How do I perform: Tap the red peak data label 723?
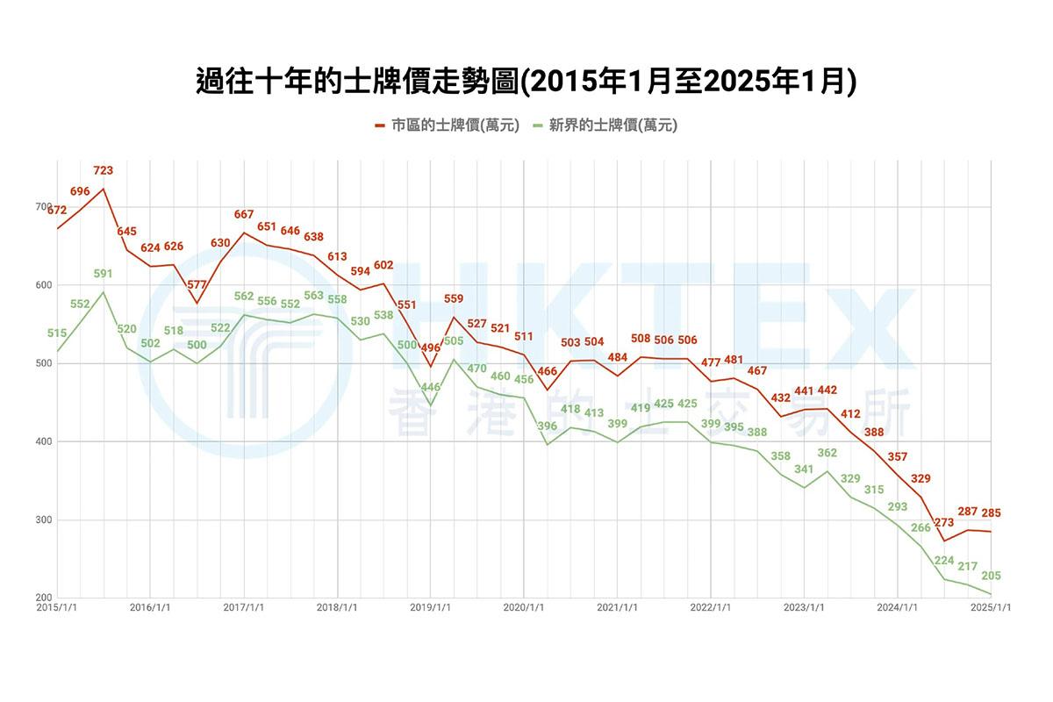104,170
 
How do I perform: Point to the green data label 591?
104,274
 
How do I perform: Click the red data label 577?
197,284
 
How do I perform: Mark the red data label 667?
244,214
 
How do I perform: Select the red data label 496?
430,347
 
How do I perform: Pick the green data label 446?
431,387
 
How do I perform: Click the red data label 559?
454,298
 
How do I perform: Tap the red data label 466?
548,372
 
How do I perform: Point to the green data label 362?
827,453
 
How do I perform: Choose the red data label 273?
944,522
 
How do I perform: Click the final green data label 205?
991,576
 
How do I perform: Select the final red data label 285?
991,512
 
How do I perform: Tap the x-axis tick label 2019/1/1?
431,606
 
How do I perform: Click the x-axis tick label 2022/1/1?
711,606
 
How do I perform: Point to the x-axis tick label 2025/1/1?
991,606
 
